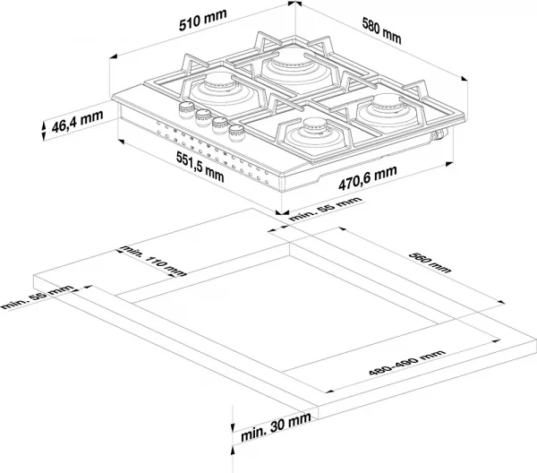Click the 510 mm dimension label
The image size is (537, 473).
tap(203, 20)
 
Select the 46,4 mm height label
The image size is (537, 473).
tap(77, 121)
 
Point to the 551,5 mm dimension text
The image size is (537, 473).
tap(200, 167)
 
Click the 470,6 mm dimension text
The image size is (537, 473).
tap(368, 177)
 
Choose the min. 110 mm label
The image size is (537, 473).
tap(153, 262)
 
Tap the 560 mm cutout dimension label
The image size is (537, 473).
tap(430, 262)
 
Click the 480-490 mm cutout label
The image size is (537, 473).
tap(407, 362)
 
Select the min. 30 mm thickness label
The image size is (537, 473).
tap(276, 426)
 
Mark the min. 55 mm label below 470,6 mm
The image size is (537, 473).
tap(326, 209)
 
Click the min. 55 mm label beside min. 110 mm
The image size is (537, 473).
tap(37, 297)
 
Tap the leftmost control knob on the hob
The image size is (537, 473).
tap(187, 110)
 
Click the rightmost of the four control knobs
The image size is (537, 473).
tap(236, 133)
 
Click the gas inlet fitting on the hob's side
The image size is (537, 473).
tap(439, 134)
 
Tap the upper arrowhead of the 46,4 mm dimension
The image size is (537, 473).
tap(44, 125)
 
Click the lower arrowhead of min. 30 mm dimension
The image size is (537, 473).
tap(233, 450)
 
